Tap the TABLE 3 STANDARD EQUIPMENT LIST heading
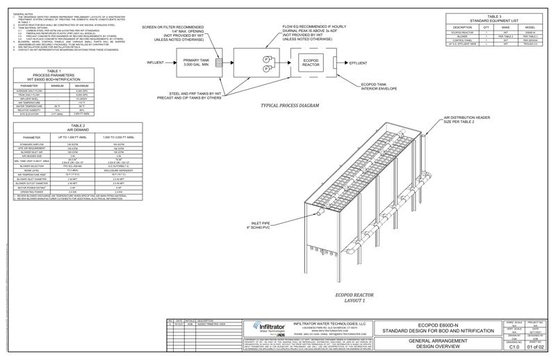493,18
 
